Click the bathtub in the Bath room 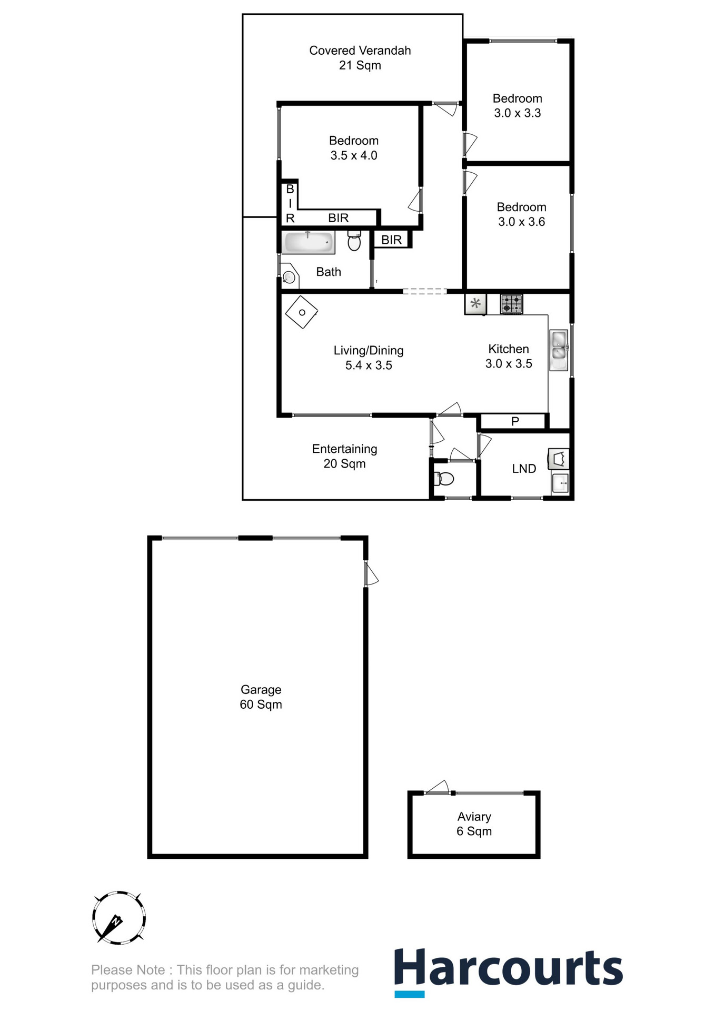click(308, 243)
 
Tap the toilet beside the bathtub click(354, 242)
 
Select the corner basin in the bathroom click(289, 276)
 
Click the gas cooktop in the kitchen click(511, 304)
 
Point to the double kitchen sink click(559, 350)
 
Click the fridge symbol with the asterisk click(475, 304)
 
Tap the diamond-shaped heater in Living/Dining click(302, 312)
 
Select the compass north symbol click(118, 918)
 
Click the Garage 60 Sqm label click(261, 697)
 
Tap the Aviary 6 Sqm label click(474, 824)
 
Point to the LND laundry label click(524, 469)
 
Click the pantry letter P click(515, 421)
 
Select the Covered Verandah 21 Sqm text click(360, 58)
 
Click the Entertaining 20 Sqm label click(344, 456)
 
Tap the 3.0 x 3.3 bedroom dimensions click(517, 113)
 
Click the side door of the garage click(371, 574)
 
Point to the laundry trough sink click(560, 482)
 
